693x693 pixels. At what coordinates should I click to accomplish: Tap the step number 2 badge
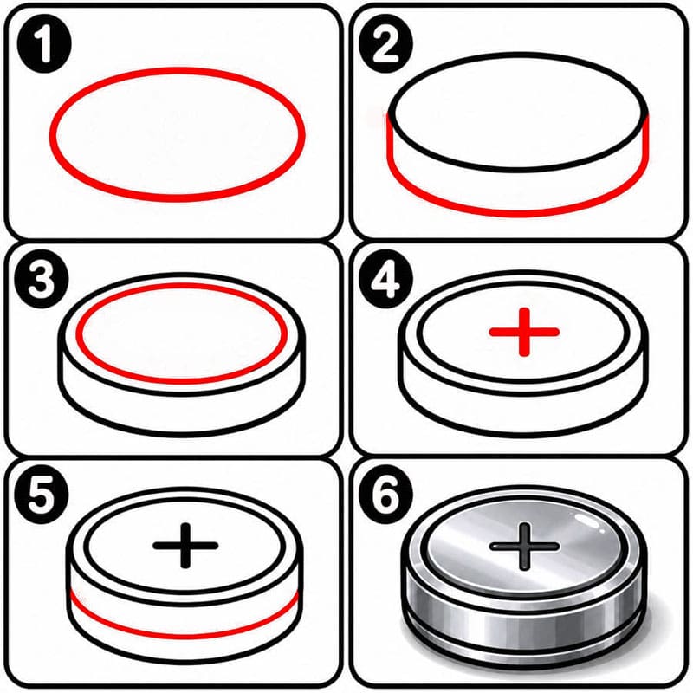pos(385,44)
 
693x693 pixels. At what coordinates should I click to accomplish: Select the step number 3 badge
pos(42,281)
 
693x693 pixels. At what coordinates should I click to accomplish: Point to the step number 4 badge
pos(385,281)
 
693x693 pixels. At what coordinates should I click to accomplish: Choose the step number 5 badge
pos(42,496)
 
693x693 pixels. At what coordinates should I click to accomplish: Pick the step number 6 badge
pos(385,496)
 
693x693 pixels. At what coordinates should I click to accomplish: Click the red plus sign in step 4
pos(524,332)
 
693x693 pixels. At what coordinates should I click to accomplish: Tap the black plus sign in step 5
pos(185,546)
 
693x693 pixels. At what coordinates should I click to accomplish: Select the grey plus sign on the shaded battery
pos(525,547)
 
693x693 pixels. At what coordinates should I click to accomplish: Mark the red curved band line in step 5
pos(185,636)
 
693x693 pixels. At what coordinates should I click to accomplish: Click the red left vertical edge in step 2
pos(391,140)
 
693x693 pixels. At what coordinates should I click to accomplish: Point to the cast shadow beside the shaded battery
pos(653,627)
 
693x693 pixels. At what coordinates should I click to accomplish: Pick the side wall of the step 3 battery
pos(182,411)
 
